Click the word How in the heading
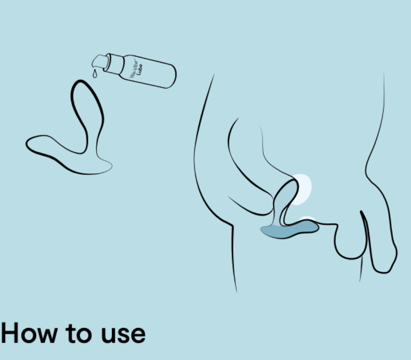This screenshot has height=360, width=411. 29,333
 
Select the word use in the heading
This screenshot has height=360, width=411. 123,335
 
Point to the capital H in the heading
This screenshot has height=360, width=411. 10,333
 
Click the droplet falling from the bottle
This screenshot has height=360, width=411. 95,74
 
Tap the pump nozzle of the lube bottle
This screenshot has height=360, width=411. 100,62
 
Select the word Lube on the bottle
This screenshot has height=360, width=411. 139,70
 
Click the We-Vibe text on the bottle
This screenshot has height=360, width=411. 134,69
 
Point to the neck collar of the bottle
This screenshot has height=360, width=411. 114,64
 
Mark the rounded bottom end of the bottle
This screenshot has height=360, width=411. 170,76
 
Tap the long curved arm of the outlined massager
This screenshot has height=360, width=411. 52,149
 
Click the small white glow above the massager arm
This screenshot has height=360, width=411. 307,219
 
